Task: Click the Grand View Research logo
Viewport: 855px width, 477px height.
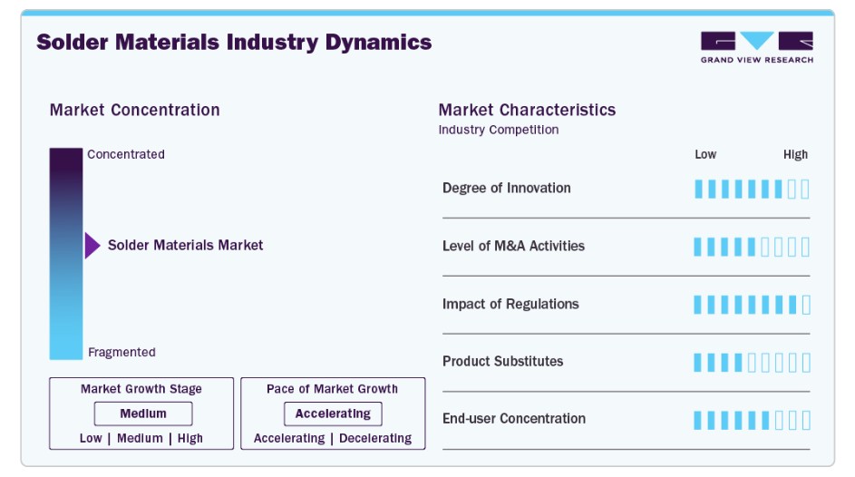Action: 756,46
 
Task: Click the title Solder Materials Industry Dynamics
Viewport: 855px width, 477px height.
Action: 234,42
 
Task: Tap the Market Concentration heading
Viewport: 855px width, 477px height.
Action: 134,110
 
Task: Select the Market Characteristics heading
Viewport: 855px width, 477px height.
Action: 527,110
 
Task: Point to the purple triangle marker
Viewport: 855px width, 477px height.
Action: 92,245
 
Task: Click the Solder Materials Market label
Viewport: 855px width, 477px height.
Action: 185,245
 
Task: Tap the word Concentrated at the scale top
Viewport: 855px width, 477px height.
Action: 126,154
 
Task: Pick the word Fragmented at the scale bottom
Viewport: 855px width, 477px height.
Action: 121,352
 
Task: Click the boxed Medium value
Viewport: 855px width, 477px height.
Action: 143,414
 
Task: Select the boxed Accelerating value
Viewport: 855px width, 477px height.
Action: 333,414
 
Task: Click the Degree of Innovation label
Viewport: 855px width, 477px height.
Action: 506,188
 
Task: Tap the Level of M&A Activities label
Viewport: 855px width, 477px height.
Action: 513,246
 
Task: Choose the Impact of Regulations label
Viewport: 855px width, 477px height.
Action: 510,304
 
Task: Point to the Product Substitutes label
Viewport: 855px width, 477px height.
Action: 502,361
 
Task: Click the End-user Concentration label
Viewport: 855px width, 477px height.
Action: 514,418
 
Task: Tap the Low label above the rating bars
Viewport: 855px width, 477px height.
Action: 705,154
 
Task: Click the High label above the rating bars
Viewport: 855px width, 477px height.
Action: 795,154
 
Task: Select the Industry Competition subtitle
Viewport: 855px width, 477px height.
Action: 499,130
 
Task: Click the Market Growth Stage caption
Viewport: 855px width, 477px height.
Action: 141,388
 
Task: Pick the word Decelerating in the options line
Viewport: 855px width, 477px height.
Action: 375,438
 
